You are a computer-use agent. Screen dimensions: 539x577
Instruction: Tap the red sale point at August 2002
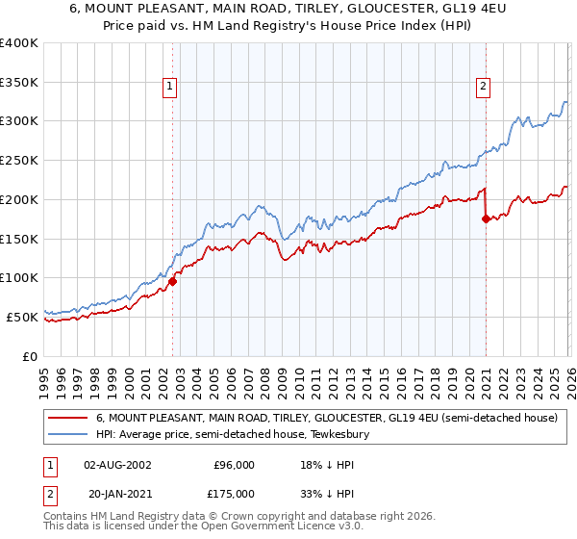[x=173, y=281]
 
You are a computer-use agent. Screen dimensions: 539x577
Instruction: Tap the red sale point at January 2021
[x=486, y=219]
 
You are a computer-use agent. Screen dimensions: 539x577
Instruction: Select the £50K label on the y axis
[x=22, y=316]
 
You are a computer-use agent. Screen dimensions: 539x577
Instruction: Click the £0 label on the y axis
[x=30, y=355]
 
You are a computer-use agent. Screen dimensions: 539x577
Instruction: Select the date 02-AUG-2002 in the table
[x=116, y=464]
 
